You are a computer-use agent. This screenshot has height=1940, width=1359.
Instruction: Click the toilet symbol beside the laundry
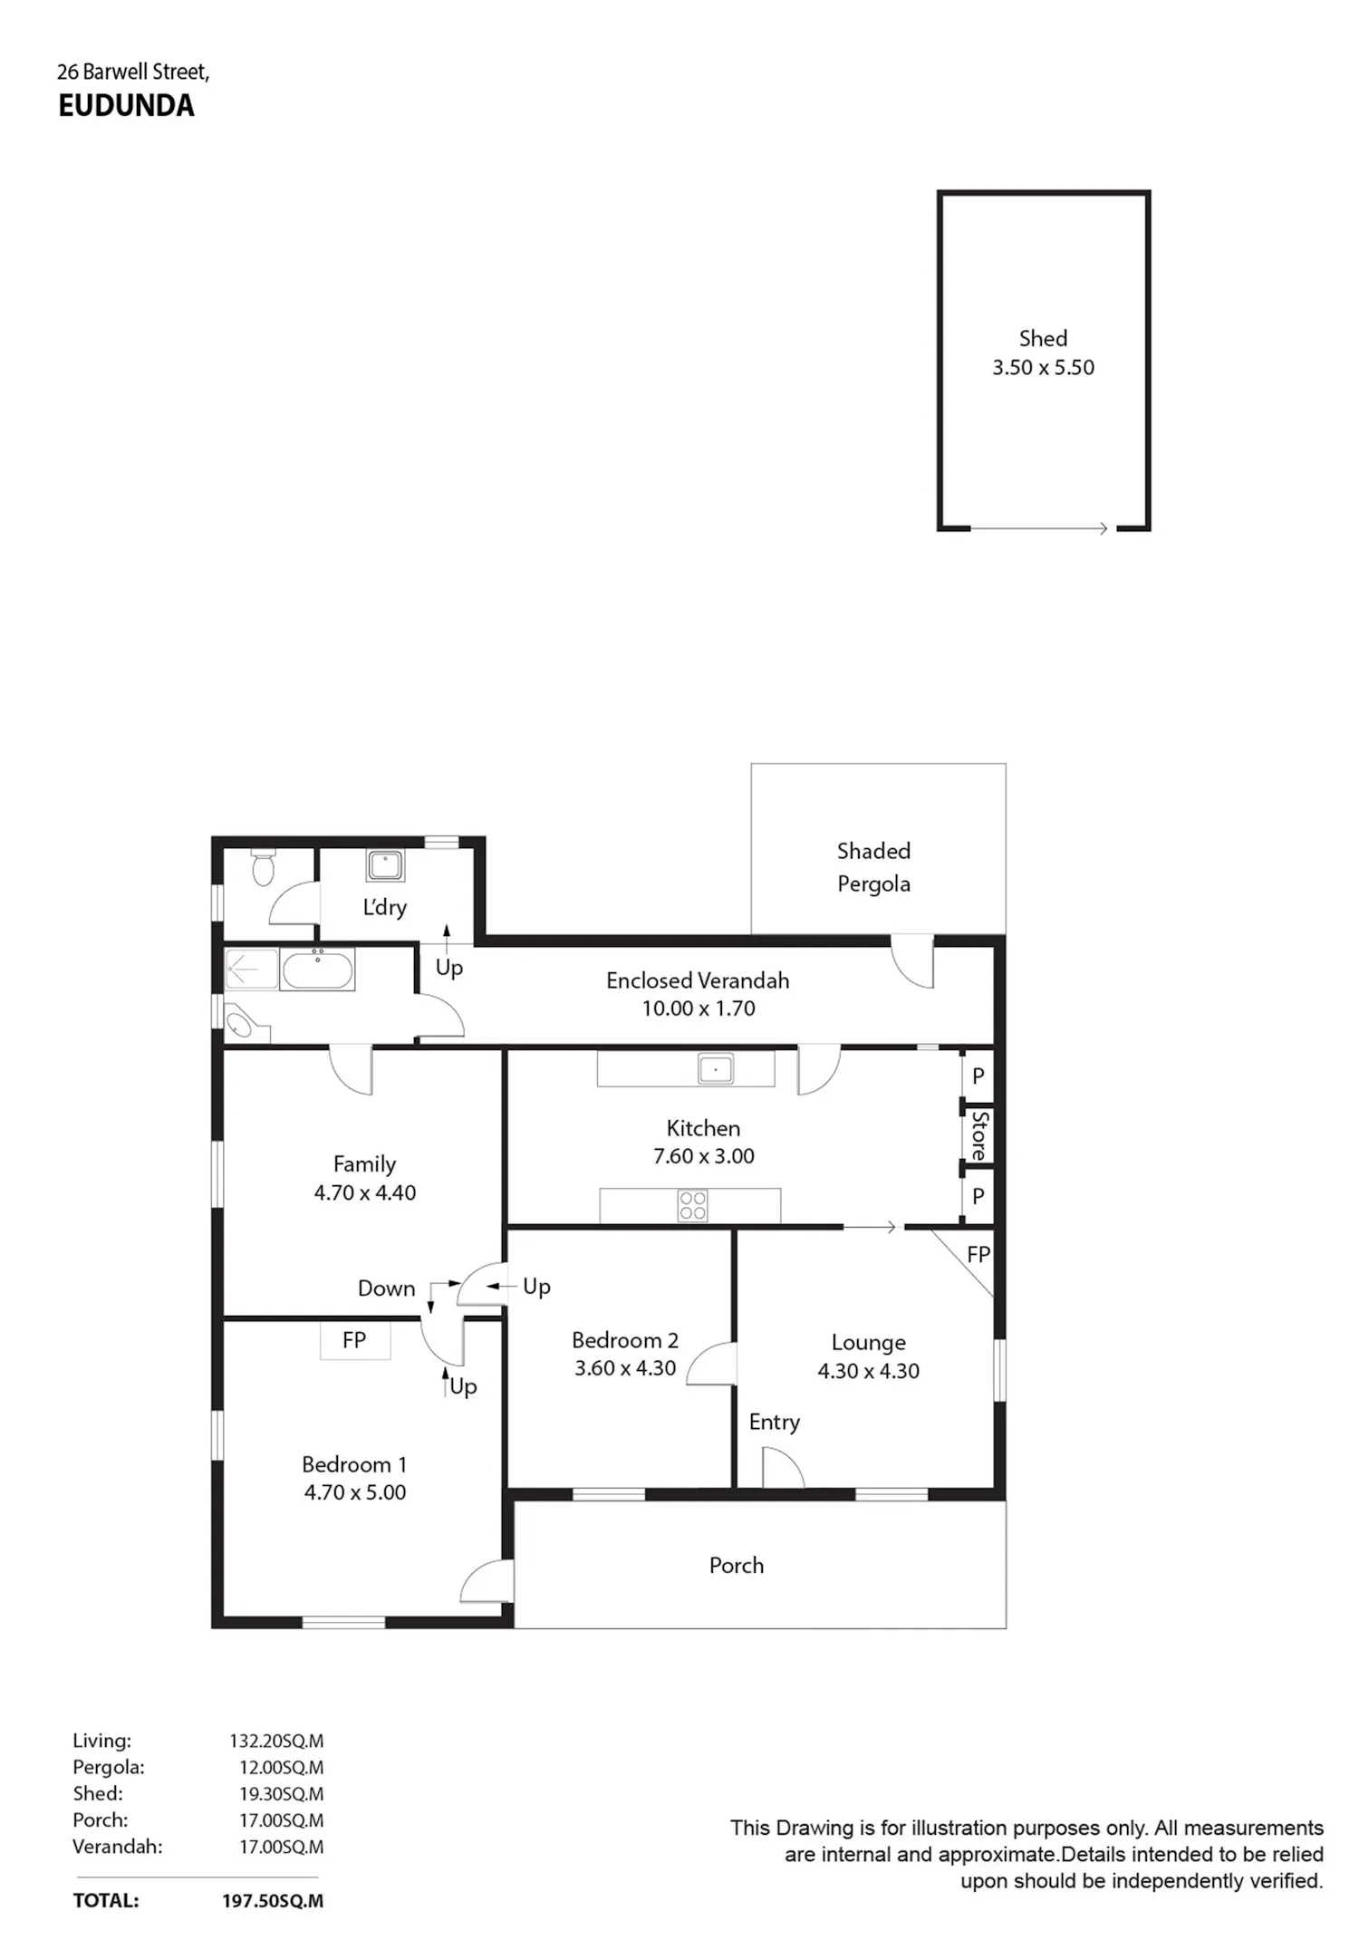(x=263, y=866)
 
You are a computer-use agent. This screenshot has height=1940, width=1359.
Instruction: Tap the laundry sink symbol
(x=386, y=865)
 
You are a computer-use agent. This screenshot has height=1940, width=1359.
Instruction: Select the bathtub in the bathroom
(x=317, y=970)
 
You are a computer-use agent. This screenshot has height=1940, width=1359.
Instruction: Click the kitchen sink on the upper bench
(x=716, y=1068)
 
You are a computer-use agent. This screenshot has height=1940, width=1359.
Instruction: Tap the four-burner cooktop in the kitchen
(x=693, y=1206)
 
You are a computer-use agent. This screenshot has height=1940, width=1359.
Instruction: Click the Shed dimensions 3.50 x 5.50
(x=1043, y=368)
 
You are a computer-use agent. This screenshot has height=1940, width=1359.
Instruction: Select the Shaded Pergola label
(x=873, y=867)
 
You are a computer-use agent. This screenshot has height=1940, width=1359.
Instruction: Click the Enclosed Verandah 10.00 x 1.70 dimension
(x=699, y=1009)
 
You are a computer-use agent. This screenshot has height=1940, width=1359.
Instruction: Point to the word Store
(x=978, y=1135)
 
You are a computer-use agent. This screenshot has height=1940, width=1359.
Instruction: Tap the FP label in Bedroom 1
(x=354, y=1340)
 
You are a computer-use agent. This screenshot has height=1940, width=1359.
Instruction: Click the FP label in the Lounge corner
(x=978, y=1255)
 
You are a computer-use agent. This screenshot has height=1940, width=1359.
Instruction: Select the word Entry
(x=775, y=1423)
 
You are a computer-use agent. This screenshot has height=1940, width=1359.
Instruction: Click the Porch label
(x=737, y=1565)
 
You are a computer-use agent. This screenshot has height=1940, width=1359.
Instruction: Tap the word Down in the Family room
(x=387, y=1289)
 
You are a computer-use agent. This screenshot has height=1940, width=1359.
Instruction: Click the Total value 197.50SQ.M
(x=273, y=1901)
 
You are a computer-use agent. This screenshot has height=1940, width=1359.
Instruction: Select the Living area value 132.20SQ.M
(x=276, y=1741)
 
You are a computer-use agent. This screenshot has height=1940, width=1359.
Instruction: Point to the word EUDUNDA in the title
(x=126, y=106)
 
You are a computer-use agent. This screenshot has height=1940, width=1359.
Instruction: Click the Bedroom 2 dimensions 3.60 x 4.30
(x=625, y=1368)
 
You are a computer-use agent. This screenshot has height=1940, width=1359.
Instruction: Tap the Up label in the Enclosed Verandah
(x=449, y=969)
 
